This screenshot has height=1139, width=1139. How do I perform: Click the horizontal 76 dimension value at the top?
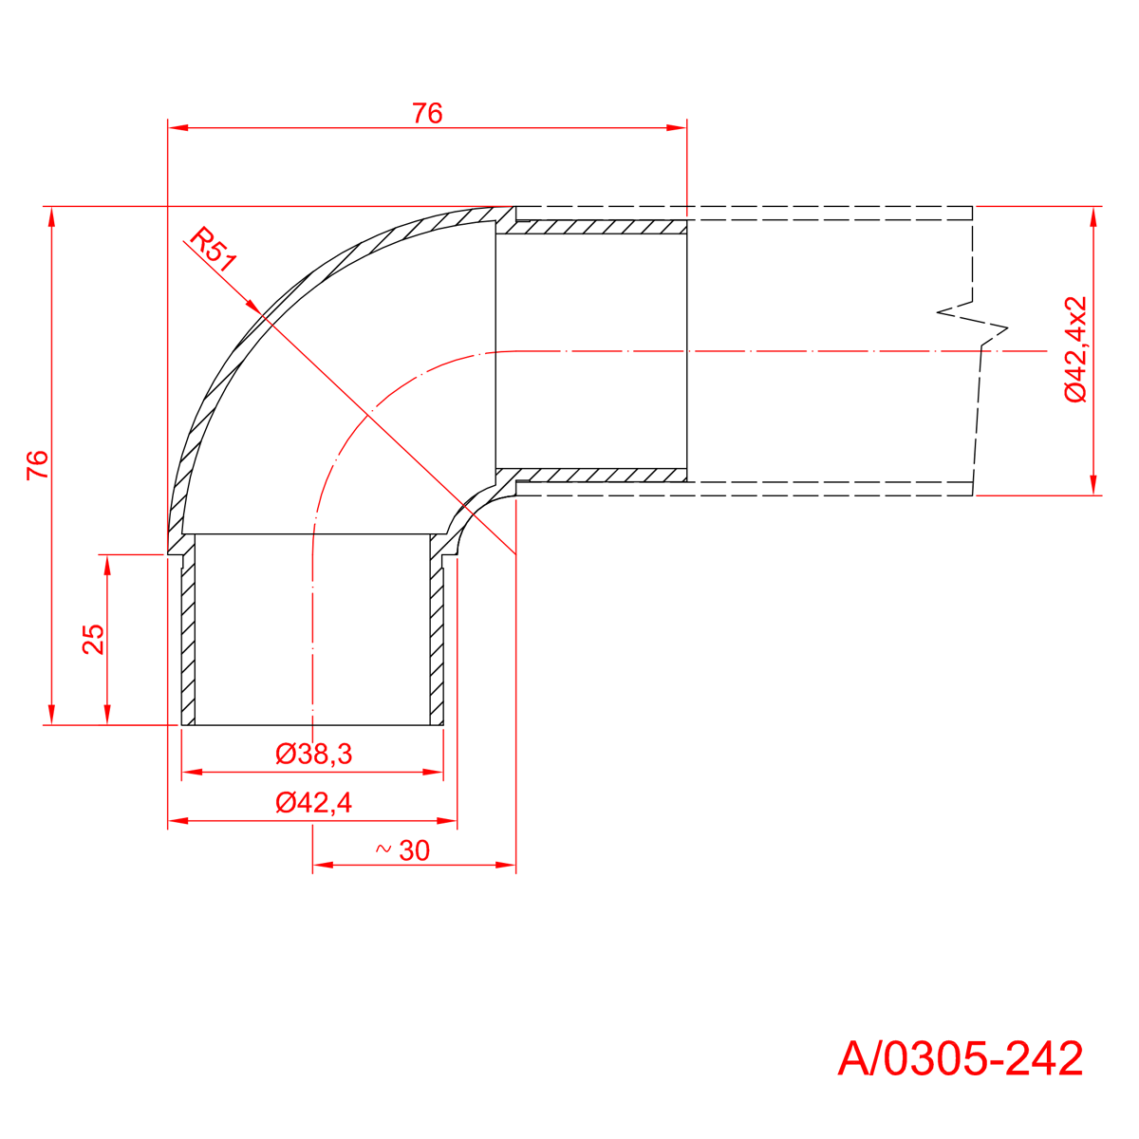pos(427,114)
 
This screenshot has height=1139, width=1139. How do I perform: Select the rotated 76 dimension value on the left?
pos(37,464)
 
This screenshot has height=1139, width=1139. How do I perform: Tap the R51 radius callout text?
pos(211,251)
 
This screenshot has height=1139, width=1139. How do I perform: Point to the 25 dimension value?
pos(93,639)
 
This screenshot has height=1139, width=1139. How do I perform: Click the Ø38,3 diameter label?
pos(314,755)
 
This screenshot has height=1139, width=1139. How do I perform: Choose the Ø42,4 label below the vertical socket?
pos(314,803)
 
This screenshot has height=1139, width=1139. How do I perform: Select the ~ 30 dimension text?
pos(403,850)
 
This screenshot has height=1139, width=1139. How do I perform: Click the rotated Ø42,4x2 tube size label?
pos(1075,349)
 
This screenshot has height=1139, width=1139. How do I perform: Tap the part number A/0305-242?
pos(960,1058)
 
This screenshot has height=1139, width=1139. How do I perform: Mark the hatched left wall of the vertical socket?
pos(188,636)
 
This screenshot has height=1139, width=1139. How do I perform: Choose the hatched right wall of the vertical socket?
pos(437,636)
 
